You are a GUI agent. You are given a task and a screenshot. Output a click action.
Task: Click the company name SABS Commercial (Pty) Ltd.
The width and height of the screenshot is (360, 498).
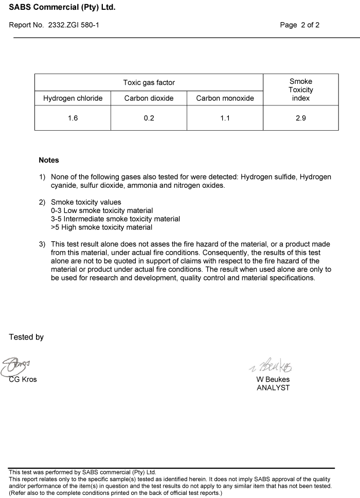(62, 8)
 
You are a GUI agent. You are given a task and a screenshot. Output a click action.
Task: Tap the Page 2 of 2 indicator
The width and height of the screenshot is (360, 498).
(299, 25)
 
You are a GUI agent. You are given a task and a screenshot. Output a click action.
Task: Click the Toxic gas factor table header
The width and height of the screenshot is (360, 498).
(149, 82)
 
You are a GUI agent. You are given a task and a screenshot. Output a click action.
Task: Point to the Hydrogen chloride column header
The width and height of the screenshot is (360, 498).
(73, 98)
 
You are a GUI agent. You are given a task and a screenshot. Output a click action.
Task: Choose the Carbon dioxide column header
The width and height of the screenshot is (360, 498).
(149, 98)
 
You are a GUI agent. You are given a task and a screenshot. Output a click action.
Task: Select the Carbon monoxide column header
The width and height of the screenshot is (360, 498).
(225, 98)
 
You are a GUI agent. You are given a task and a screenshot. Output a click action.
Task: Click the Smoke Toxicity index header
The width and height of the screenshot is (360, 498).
(301, 90)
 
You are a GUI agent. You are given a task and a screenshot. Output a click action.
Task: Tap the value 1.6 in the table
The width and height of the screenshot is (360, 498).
(73, 118)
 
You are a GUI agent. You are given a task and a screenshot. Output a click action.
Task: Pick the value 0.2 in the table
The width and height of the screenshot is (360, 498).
(149, 118)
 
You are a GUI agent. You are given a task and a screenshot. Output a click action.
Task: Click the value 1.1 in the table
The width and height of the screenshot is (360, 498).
(225, 118)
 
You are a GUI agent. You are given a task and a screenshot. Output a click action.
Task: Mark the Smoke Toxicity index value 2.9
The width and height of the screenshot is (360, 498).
(301, 118)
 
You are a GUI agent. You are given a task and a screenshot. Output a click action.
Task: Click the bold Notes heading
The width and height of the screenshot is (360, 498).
(49, 160)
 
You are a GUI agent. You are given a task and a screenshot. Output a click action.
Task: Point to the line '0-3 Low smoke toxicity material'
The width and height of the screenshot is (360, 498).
(102, 210)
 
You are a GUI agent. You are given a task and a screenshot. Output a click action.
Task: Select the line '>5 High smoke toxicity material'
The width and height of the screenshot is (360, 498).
(101, 227)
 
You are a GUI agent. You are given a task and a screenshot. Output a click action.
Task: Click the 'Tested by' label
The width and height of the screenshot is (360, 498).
(26, 337)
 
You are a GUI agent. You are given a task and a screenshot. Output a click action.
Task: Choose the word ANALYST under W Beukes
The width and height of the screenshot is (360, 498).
(273, 388)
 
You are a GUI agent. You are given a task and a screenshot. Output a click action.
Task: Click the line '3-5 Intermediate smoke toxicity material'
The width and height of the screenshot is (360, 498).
(115, 219)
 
